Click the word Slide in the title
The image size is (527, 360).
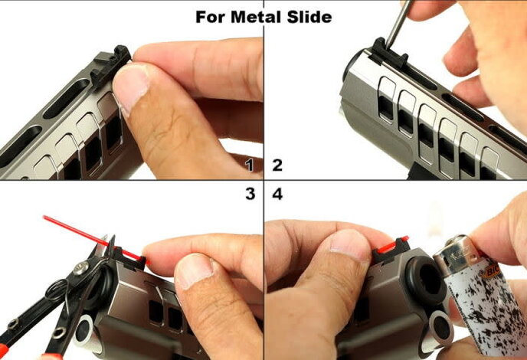pos(309,17)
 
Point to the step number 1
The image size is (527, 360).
pos(250,165)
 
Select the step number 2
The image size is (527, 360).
pos(277,165)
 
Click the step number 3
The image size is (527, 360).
pos(250,194)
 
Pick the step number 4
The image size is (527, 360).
pos(277,194)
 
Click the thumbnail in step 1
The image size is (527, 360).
pos(130,88)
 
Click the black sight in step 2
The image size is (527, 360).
pos(389,53)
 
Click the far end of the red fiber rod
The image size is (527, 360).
pos(44,218)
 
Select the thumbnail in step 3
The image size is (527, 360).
pos(194,271)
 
